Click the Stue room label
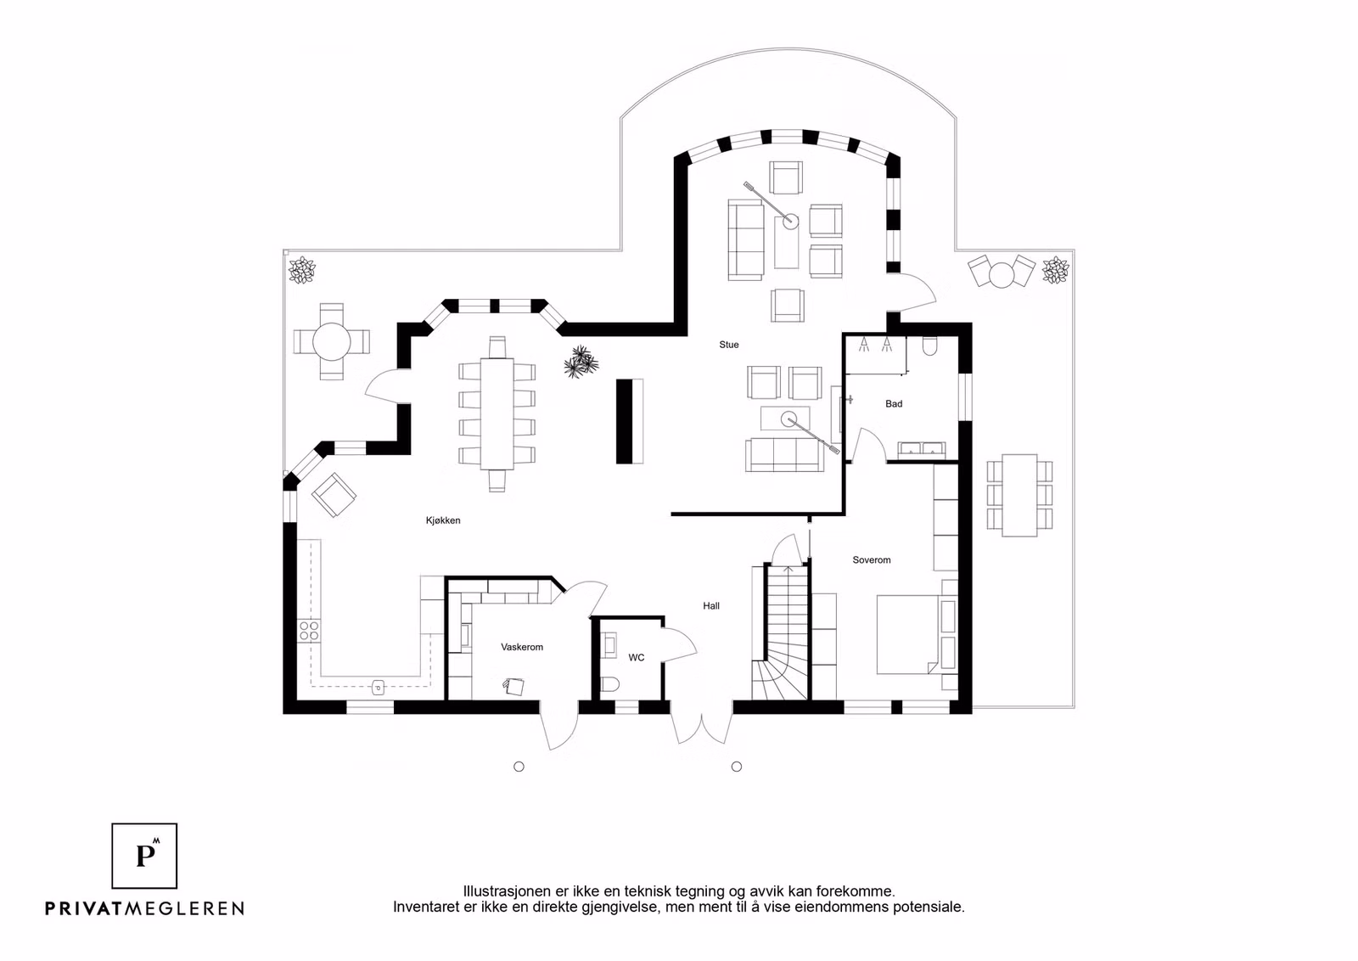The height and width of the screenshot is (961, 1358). click(729, 345)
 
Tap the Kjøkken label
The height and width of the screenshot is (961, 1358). click(443, 520)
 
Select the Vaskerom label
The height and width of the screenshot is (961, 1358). click(522, 647)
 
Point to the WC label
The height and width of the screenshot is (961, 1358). click(637, 657)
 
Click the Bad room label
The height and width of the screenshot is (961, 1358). click(894, 404)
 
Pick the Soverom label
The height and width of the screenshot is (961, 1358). click(872, 560)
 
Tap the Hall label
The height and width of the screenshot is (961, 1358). click(711, 606)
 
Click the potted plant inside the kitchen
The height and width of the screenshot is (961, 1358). click(581, 361)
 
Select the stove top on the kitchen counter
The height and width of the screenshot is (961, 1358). click(309, 630)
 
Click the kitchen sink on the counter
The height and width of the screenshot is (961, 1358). click(379, 686)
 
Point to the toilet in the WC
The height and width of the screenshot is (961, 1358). click(611, 686)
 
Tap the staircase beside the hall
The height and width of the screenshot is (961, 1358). click(782, 632)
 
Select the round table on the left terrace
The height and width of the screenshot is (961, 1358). click(332, 341)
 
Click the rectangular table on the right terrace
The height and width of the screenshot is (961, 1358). click(1019, 496)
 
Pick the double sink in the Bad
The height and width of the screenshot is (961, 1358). click(921, 449)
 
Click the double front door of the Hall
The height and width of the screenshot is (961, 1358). click(703, 727)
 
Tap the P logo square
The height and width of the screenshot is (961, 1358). click(145, 855)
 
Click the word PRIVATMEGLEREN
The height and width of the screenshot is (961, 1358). click(144, 908)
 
